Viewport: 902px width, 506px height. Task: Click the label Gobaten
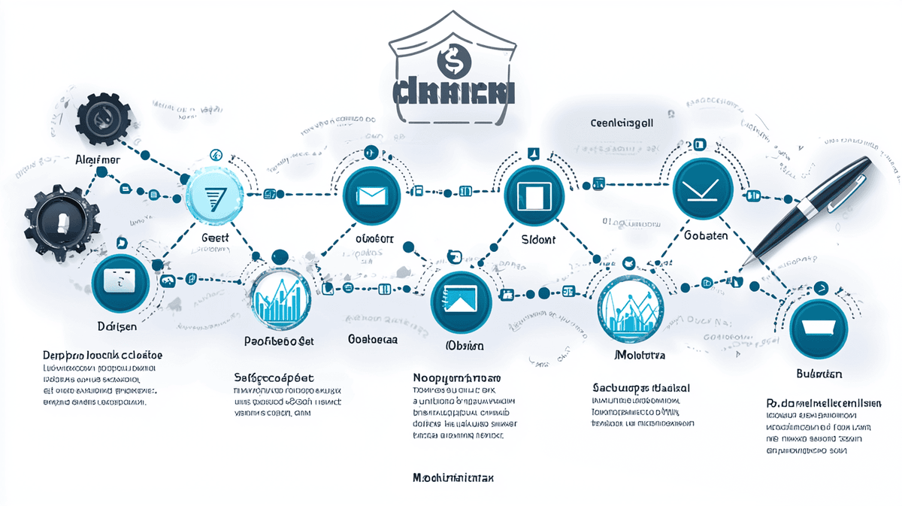(706, 235)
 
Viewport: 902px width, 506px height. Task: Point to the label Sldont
(537, 239)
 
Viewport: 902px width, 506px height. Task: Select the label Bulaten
(819, 374)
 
